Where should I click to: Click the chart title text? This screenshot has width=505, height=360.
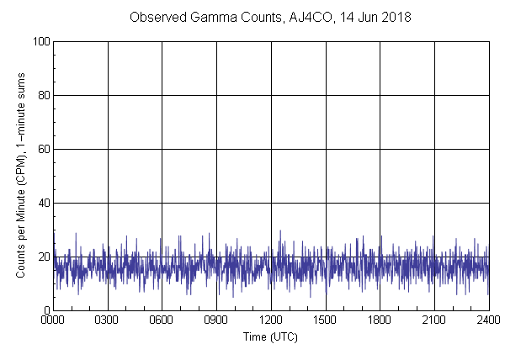coord(270,18)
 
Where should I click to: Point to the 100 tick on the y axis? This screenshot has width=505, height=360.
coord(40,41)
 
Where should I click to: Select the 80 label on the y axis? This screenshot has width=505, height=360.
coord(43,95)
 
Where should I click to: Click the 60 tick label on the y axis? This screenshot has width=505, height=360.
coord(43,149)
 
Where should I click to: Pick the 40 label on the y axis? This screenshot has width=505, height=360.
coord(43,203)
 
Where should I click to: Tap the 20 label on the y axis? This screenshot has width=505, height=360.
coord(43,257)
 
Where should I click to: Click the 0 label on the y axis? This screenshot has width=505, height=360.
coord(45,310)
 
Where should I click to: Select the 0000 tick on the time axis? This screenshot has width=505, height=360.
coord(53,320)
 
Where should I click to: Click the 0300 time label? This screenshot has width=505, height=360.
coord(108,320)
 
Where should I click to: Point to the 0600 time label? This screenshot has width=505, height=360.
coord(162,320)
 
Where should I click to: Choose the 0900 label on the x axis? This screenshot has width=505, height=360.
coord(216,320)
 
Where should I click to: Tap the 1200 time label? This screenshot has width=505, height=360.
coord(271,320)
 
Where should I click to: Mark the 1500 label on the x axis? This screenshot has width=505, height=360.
coord(325,320)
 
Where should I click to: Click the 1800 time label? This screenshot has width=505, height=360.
coord(380,320)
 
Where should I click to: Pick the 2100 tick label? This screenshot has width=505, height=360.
coord(434,320)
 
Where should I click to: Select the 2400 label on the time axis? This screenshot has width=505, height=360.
coord(488,320)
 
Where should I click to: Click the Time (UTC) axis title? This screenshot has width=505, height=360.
coord(270,336)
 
